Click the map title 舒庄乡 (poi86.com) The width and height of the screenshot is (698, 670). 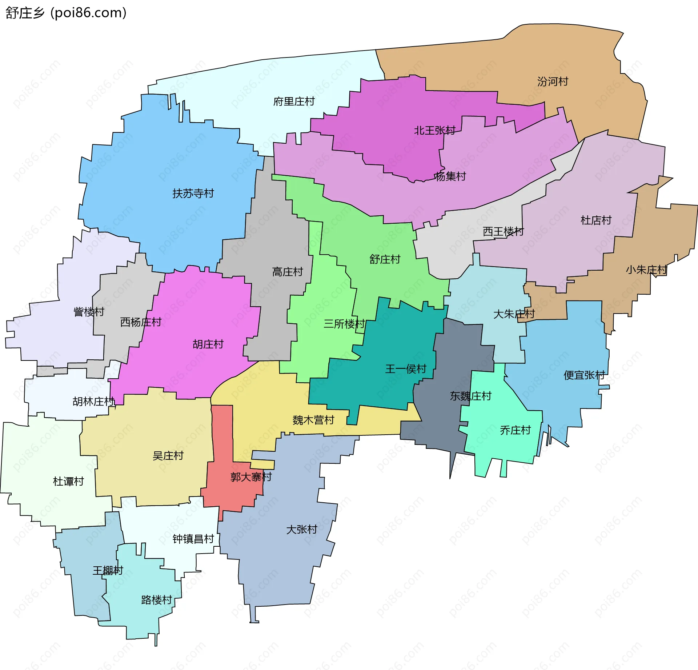65,13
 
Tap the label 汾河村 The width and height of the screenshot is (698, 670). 553,81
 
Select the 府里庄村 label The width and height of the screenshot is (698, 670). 294,101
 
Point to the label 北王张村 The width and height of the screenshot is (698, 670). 434,130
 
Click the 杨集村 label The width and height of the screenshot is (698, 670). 450,176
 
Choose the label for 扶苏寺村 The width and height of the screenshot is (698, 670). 193,194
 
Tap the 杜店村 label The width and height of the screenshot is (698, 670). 596,220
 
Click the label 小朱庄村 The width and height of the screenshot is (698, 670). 646,270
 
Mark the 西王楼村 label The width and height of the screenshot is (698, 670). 503,231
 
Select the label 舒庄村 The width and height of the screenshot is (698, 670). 385,259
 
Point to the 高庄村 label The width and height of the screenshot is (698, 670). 287,272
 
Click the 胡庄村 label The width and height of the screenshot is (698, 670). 208,344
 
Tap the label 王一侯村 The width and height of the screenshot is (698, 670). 405,369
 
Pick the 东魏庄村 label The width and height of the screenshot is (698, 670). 470,396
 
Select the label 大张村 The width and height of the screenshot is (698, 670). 302,529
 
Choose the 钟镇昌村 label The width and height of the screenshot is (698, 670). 193,539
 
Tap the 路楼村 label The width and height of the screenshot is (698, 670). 156,600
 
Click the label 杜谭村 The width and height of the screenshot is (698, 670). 68,481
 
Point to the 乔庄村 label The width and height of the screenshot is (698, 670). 515,430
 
